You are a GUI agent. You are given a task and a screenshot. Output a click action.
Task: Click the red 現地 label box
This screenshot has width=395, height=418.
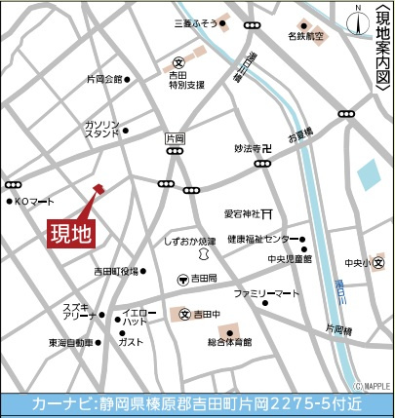pos(71,234)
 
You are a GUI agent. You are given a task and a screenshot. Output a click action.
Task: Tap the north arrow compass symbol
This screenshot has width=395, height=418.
pos(359,17)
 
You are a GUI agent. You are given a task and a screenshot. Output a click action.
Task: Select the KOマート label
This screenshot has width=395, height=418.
pos(35,202)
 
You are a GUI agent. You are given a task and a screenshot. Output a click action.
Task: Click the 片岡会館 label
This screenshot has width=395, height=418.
pos(105,79)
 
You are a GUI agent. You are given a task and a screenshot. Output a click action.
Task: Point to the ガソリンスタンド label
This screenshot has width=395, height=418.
pos(102,131)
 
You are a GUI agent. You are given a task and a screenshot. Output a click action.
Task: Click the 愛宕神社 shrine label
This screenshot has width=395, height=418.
pos(245,211)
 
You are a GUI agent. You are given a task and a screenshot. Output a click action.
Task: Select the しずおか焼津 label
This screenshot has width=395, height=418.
pos(190,240)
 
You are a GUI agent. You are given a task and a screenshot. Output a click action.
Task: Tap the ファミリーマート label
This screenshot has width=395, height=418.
pos(264,292)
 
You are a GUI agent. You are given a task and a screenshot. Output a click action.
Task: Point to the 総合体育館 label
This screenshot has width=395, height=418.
pos(229,342)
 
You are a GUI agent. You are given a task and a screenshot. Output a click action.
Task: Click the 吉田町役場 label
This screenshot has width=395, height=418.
pos(116,271)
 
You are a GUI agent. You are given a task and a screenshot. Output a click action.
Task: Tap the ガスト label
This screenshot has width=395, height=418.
pos(131,343)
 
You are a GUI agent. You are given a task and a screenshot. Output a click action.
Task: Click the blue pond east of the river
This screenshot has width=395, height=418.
pos(370,176)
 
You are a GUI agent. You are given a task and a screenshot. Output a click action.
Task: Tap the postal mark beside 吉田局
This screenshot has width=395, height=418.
pos(181,281)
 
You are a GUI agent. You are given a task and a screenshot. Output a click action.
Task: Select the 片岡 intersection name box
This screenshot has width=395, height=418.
pos(175,138)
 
